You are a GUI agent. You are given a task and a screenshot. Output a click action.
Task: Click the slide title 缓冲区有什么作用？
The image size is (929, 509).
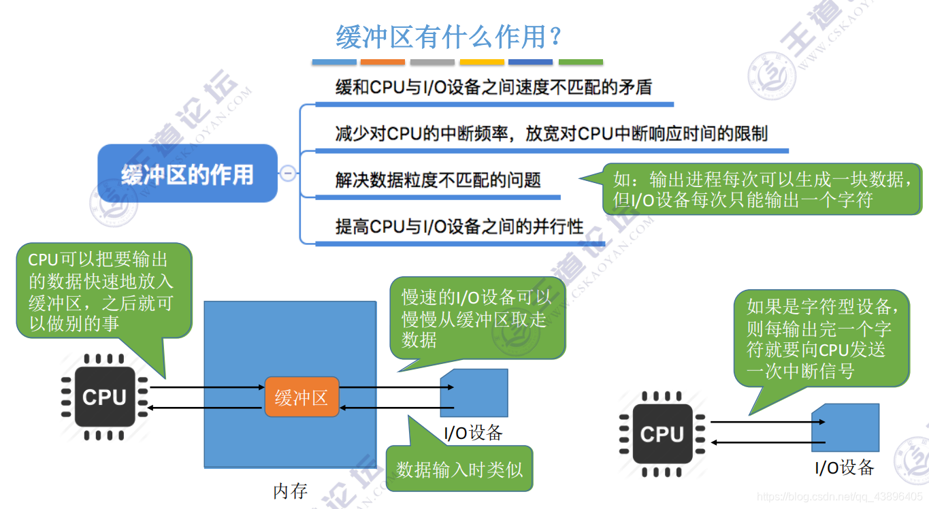pyautogui.click(x=449, y=37)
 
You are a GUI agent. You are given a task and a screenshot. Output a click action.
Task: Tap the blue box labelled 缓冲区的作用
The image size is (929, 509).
pyautogui.click(x=187, y=174)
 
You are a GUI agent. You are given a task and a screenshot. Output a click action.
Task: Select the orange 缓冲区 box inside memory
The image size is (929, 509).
pyautogui.click(x=301, y=397)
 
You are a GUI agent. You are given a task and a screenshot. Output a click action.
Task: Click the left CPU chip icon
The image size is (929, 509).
pyautogui.click(x=104, y=397)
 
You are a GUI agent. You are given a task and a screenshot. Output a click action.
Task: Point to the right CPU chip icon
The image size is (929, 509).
pyautogui.click(x=662, y=434)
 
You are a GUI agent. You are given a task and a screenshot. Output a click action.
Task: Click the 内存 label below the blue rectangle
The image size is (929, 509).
pyautogui.click(x=291, y=491)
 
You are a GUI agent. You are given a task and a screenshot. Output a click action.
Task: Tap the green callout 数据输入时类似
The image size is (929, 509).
pyautogui.click(x=459, y=469)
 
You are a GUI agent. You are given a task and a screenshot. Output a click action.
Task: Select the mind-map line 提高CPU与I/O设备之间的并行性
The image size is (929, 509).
pyautogui.click(x=459, y=227)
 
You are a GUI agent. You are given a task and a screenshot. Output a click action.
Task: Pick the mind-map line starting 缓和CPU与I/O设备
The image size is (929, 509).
pyautogui.click(x=493, y=88)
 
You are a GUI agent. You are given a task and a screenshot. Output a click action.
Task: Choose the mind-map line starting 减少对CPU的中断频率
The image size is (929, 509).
pyautogui.click(x=551, y=133)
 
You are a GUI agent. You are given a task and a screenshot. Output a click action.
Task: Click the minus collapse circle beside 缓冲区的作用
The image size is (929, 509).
pyautogui.click(x=289, y=174)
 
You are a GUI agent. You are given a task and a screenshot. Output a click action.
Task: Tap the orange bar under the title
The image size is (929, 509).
pyautogui.click(x=382, y=63)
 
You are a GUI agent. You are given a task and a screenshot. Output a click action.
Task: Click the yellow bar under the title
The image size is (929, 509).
pyautogui.click(x=482, y=63)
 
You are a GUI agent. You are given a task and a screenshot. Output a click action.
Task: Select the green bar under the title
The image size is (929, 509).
pyautogui.click(x=581, y=63)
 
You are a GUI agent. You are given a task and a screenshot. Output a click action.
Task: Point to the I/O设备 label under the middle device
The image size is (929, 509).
pyautogui.click(x=473, y=432)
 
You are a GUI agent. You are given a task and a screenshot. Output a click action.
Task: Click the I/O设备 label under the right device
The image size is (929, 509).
pyautogui.click(x=844, y=467)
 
